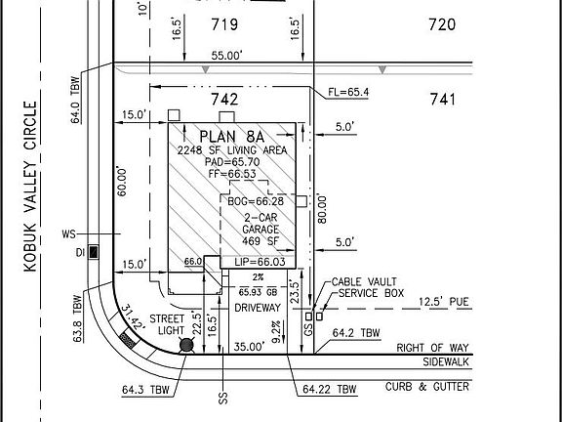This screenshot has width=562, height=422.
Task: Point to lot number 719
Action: (x=226, y=24)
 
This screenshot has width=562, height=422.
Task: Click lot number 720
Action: (x=442, y=24)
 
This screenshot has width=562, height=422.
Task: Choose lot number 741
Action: (x=442, y=99)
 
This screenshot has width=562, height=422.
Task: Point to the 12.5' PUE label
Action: (x=443, y=303)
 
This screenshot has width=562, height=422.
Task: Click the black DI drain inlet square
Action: (x=93, y=253)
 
